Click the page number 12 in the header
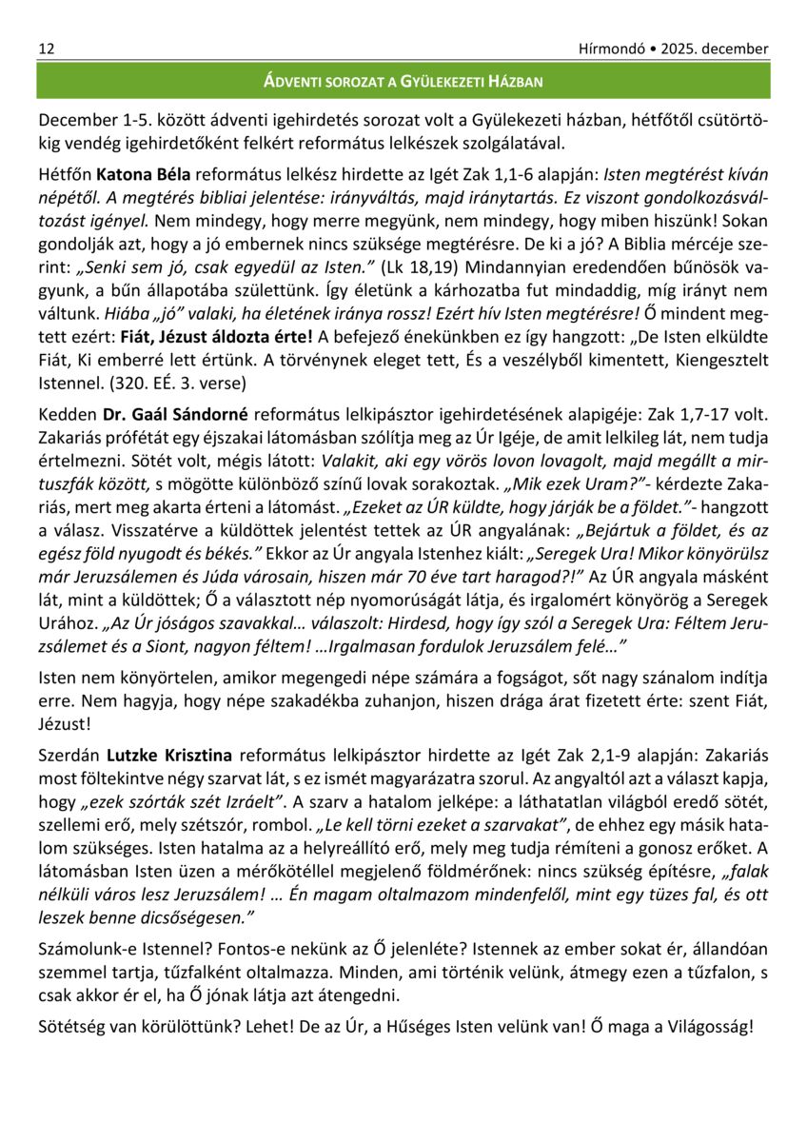click(x=46, y=49)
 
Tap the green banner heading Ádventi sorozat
click(x=403, y=82)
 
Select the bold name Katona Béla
click(x=144, y=175)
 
